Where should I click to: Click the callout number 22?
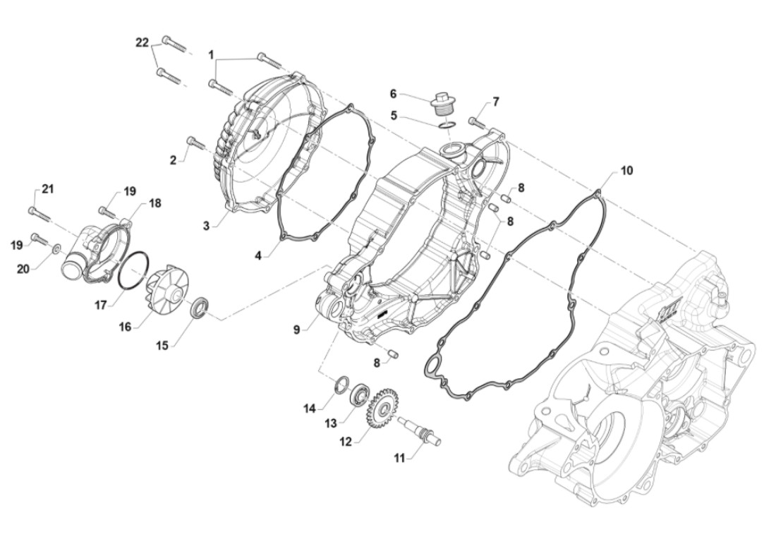pos(143,43)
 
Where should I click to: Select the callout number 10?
pos(627,171)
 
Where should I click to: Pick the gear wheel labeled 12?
pos(381,408)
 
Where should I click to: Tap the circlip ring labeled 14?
pos(341,385)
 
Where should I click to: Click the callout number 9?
pos(297,328)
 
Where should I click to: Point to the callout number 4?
pos(259,255)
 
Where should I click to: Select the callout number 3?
pos(206,225)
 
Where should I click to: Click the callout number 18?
pos(154,203)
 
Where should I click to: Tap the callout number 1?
pos(210,54)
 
